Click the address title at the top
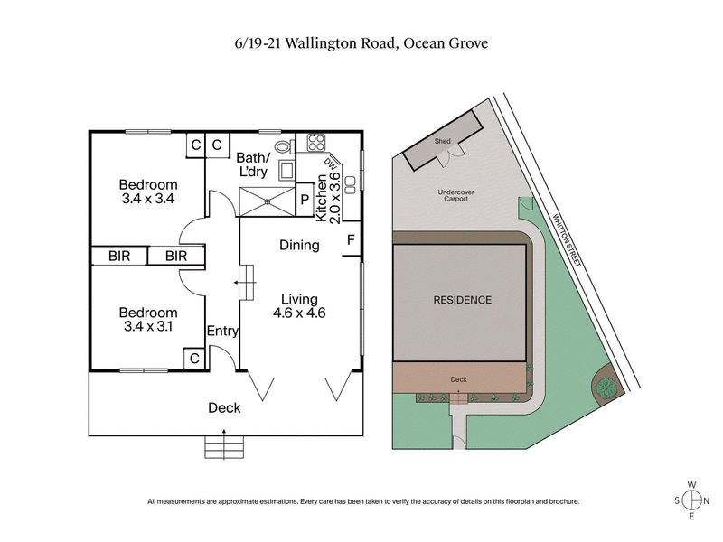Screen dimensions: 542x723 (361, 43)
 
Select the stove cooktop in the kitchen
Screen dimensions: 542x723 (317, 143)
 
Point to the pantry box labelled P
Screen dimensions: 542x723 (305, 200)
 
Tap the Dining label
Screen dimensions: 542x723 (299, 245)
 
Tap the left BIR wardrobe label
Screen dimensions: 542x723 (119, 257)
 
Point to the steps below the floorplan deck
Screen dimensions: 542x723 (223, 447)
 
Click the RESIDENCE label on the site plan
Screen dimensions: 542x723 (462, 300)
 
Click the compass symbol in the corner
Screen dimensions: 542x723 (692, 500)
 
